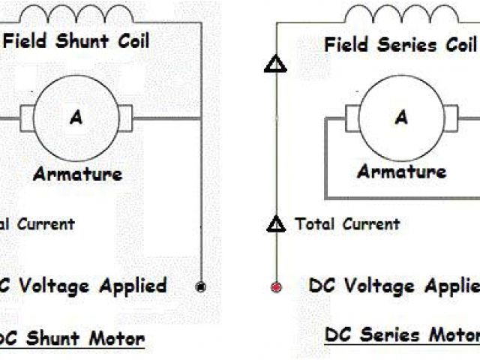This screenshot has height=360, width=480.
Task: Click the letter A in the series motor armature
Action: pyautogui.click(x=401, y=117)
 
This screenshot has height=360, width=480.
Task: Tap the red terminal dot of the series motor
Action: pyautogui.click(x=276, y=286)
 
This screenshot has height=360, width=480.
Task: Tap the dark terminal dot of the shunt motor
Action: pyautogui.click(x=200, y=286)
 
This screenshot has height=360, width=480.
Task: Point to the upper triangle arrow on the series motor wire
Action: pyautogui.click(x=276, y=65)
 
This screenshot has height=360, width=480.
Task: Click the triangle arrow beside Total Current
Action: pyautogui.click(x=277, y=223)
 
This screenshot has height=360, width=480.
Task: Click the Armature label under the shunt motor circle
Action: pyautogui.click(x=77, y=174)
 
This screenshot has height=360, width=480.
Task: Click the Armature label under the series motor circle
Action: pyautogui.click(x=402, y=172)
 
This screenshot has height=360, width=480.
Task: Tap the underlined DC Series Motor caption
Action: pyautogui.click(x=402, y=334)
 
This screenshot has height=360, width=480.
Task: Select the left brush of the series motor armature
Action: pyautogui.click(x=352, y=118)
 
